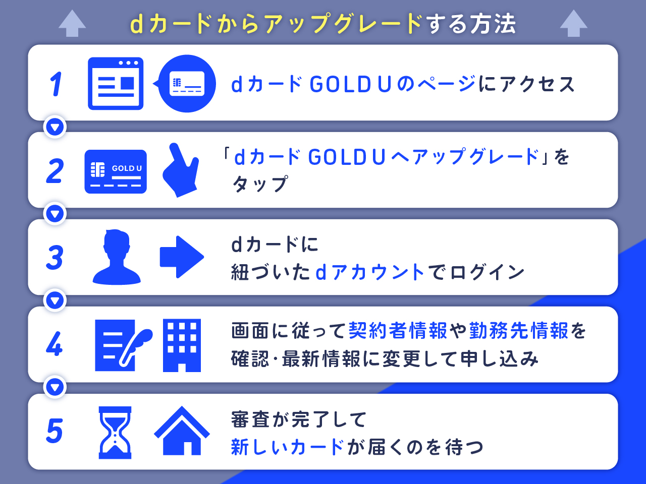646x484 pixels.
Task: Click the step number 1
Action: [56, 84]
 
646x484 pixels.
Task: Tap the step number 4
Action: [55, 345]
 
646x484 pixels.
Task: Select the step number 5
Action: [55, 432]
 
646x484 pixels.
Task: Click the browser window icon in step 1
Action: [116, 84]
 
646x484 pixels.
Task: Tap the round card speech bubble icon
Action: [186, 84]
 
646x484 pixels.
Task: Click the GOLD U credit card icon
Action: [116, 171]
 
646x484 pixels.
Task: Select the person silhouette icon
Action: [117, 257]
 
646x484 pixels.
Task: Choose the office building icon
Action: [182, 345]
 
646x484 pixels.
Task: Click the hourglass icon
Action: [115, 433]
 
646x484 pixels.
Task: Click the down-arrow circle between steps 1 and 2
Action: [56, 127]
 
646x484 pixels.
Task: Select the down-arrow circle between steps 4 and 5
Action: [56, 387]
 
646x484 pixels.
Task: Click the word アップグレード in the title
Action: [343, 24]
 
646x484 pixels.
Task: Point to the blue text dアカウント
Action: [370, 273]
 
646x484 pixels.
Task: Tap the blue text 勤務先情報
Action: [519, 331]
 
